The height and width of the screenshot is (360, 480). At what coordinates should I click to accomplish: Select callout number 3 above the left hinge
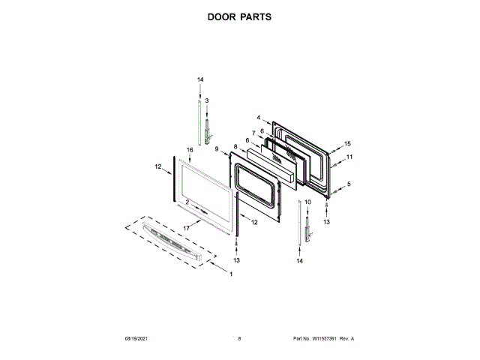[206, 100]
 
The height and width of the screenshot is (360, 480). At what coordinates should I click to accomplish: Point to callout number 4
[258, 118]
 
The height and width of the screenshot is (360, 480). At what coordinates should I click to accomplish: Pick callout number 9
[216, 149]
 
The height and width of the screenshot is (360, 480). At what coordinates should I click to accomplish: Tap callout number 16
[190, 150]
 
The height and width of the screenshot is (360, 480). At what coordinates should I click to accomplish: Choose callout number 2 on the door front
[187, 202]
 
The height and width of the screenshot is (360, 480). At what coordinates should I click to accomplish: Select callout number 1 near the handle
[231, 274]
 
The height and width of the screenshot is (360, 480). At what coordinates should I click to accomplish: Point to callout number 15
[347, 143]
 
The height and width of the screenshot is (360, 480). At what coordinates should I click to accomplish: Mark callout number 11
[349, 157]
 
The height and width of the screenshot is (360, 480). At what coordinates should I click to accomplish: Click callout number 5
[348, 184]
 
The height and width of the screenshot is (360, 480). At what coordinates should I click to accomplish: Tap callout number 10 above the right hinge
[307, 202]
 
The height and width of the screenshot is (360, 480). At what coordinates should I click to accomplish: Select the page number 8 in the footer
[239, 339]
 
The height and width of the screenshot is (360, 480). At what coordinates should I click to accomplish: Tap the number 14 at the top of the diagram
[200, 79]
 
